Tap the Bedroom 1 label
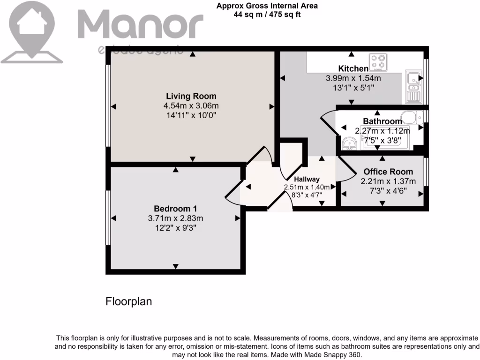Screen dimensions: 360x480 point(175,209)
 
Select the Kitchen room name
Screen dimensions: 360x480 point(353,69)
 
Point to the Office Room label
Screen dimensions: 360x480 point(388,172)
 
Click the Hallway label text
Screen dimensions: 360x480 point(307,179)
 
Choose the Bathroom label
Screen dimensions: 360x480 point(382,121)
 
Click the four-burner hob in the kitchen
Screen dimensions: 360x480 point(379,61)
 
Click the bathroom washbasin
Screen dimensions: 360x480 point(348,142)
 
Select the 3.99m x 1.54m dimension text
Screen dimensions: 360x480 point(353,78)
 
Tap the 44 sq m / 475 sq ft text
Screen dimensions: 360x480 point(267,14)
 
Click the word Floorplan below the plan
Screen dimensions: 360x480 point(128,301)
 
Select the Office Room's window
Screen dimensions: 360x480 point(426,173)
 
